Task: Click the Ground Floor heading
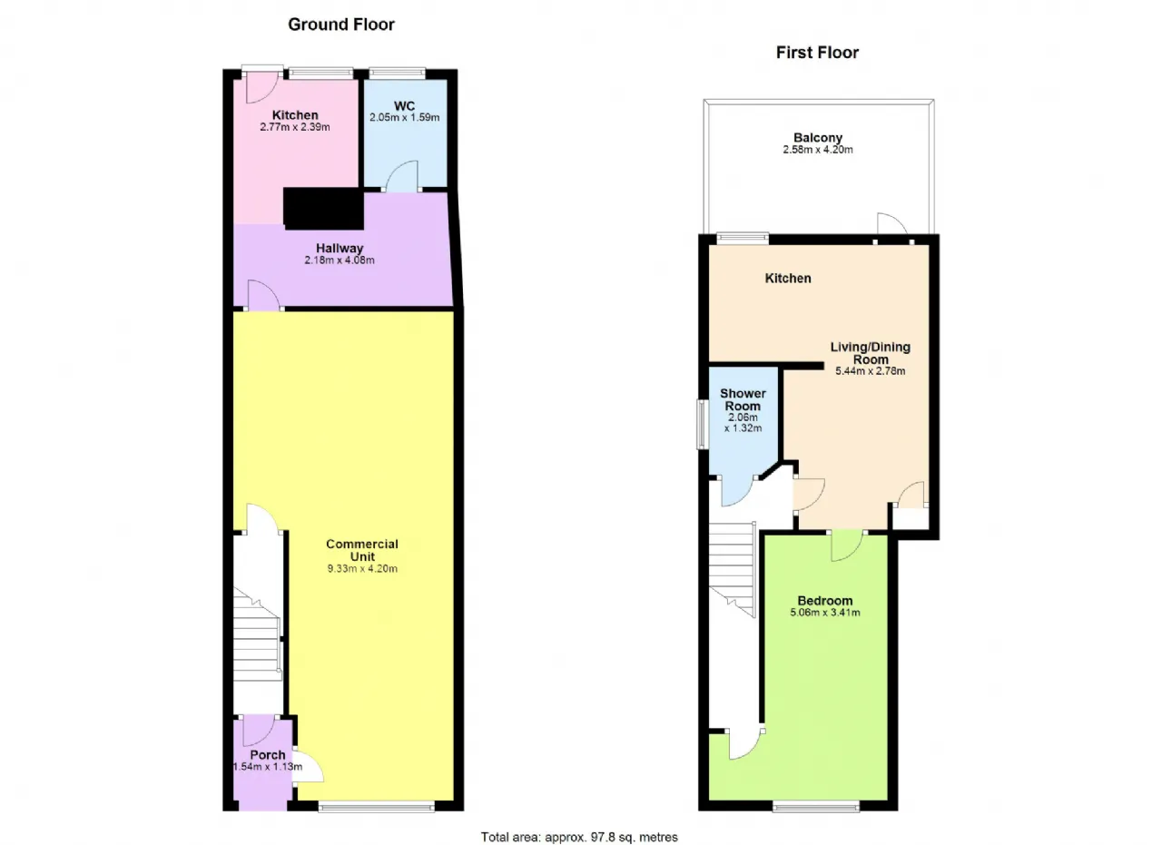tap(340, 25)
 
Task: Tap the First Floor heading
tap(817, 53)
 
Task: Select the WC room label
tap(404, 106)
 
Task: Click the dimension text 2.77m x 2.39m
tap(295, 127)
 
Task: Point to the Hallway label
tap(340, 248)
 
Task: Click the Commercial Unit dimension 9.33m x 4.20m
tap(362, 568)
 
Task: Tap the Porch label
tap(268, 755)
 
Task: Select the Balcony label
tap(818, 137)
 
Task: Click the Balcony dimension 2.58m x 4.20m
tap(818, 150)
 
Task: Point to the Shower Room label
tap(743, 399)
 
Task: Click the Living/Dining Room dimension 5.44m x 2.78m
tap(870, 371)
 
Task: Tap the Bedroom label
tap(825, 601)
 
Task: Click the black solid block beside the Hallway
tap(323, 209)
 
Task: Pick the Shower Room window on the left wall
tap(703, 424)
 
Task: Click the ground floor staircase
tap(257, 634)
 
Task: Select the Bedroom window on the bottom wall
tap(816, 807)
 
